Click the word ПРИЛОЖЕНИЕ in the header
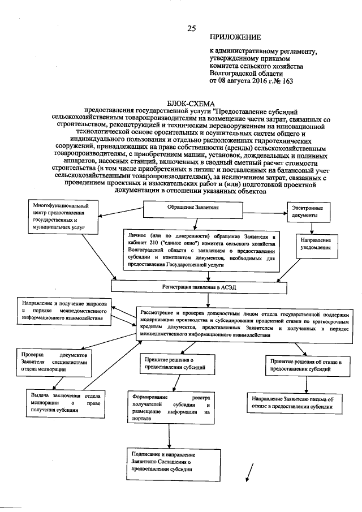coord(235,38)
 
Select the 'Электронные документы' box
coord(309,213)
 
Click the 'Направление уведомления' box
coord(311,244)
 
